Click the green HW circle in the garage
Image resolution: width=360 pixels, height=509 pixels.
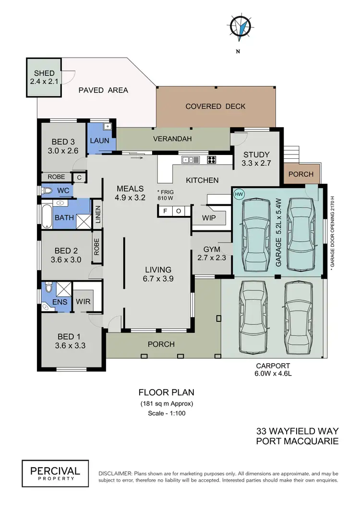pyautogui.click(x=239, y=194)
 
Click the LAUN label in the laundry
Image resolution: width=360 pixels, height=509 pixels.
pyautogui.click(x=100, y=141)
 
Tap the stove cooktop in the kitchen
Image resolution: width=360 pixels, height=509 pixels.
pyautogui.click(x=212, y=160)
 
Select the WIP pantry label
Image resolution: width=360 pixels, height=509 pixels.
pyautogui.click(x=209, y=218)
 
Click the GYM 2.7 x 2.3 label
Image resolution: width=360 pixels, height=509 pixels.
pyautogui.click(x=211, y=253)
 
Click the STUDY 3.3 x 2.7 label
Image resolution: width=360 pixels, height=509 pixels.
pyautogui.click(x=257, y=159)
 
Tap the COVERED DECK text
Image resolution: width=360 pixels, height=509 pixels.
pyautogui.click(x=216, y=107)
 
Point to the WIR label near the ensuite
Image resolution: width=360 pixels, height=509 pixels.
pyautogui.click(x=82, y=302)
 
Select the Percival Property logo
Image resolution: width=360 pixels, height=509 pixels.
pyautogui.click(x=55, y=471)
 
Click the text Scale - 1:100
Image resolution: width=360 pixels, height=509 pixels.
pyautogui.click(x=166, y=413)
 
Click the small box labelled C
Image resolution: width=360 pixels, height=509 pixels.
pyautogui.click(x=79, y=177)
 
